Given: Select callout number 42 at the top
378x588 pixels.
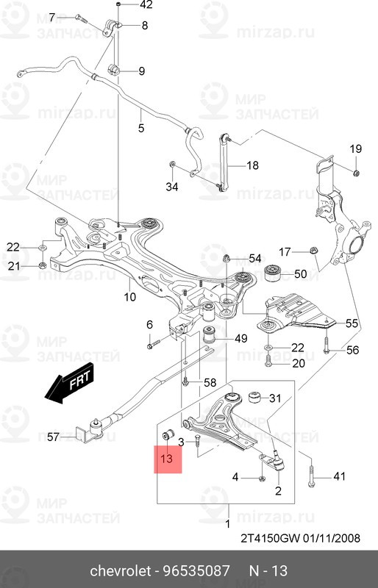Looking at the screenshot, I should (x=146, y=5).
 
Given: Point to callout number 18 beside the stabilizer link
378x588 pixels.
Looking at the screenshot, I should (x=252, y=165).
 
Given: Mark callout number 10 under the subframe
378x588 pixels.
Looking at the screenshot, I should (x=129, y=298).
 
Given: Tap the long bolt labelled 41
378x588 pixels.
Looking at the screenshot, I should (x=312, y=478).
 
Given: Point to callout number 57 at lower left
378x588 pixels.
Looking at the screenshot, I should (x=53, y=437).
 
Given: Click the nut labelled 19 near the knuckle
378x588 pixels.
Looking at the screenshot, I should (x=356, y=172).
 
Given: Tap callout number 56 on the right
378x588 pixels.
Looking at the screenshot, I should (x=352, y=350).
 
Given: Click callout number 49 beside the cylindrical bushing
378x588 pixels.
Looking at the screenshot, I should (x=241, y=338).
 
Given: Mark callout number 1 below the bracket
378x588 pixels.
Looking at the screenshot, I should (x=227, y=523).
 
